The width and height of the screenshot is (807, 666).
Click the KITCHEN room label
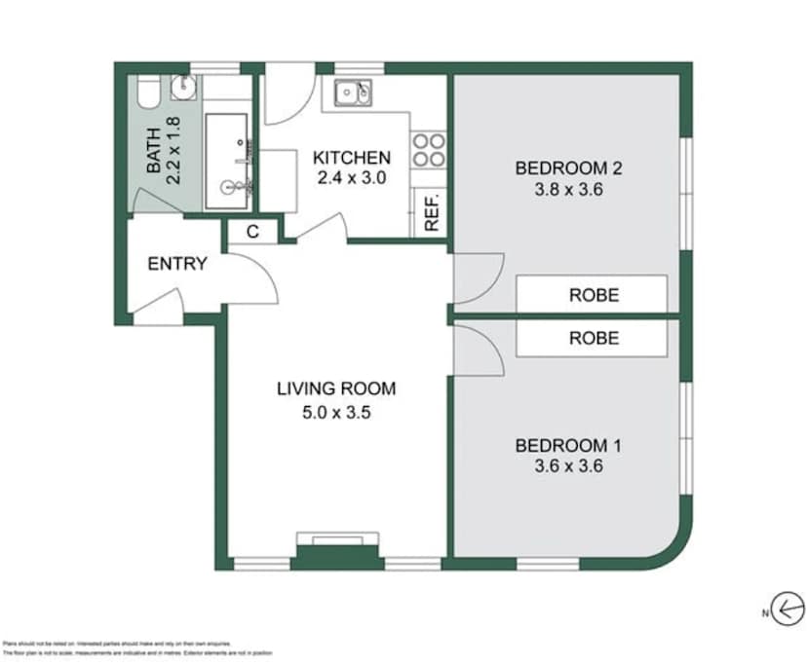pos(351,158)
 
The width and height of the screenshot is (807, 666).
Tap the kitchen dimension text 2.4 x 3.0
pos(351,177)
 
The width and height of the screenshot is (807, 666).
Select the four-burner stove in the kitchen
pos(429,150)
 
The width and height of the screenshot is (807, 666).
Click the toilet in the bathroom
pos(148,93)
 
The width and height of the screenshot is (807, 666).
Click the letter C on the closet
pos(252,232)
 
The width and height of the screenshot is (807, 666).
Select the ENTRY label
pos(176,263)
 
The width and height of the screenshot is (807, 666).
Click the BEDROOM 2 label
pos(568,168)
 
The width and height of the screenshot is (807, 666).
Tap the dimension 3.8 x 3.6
pos(568,190)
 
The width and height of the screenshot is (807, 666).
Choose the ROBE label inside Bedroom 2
pos(594,294)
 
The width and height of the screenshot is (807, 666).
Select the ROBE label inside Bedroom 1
pos(594,339)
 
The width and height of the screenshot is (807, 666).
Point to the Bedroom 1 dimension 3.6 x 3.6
pos(568,466)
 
